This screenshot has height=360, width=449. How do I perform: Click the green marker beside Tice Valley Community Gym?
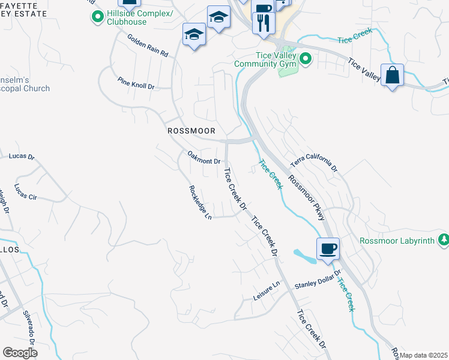tap(305, 59)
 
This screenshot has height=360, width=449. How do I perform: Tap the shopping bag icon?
tap(391, 76)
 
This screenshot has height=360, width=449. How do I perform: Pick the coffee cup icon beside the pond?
tap(328, 248)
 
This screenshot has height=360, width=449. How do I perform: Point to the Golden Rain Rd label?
tap(148, 46)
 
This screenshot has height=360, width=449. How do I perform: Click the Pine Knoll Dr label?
tap(136, 83)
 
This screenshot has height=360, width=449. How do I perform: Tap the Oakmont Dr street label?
tap(205, 157)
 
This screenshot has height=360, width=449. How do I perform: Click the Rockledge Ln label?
tap(200, 202)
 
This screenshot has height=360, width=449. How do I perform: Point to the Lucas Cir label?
tap(26, 191)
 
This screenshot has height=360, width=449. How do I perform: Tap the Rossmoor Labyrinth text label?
tap(397, 241)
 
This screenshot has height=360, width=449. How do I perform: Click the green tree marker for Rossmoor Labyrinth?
tap(444, 240)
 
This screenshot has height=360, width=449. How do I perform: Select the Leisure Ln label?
tap(268, 293)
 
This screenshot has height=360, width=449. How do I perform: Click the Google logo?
tap(20, 353)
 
